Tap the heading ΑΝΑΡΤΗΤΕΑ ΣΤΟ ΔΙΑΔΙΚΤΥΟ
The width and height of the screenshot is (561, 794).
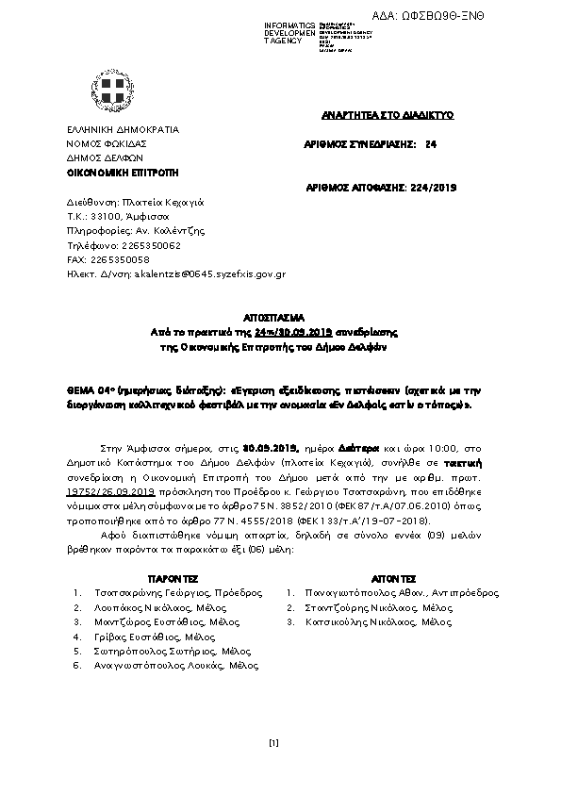(x=388, y=115)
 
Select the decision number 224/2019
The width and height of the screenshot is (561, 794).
(x=430, y=188)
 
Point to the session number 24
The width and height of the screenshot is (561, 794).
(x=431, y=144)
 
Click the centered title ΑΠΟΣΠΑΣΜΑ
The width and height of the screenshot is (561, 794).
(x=280, y=319)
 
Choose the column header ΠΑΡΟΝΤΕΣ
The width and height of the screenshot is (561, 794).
(x=173, y=575)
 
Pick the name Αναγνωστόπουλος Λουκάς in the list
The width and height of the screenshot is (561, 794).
(x=157, y=666)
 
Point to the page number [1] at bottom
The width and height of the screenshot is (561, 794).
(x=273, y=744)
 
